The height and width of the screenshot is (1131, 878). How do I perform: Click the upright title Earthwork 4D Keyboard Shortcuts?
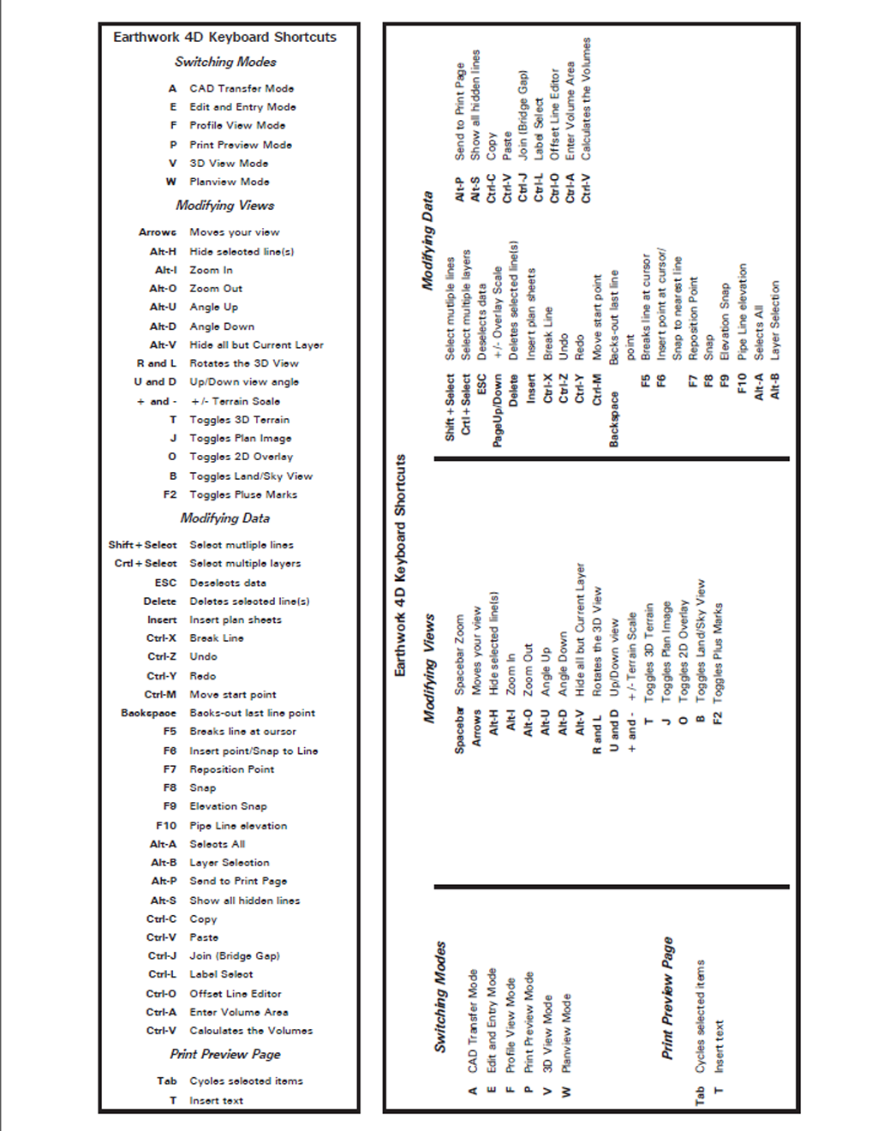pos(224,37)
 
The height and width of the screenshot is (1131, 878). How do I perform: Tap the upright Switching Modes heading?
pos(225,62)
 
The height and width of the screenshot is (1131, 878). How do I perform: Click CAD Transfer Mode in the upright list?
pos(242,88)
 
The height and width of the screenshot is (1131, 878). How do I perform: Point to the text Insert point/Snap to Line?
pos(254,751)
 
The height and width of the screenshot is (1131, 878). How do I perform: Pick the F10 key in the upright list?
pos(166,826)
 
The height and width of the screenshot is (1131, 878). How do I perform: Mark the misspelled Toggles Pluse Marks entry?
pos(243,494)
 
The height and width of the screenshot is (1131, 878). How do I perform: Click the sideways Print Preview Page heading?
pos(668,998)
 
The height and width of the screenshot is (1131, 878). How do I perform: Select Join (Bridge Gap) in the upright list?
pos(235,955)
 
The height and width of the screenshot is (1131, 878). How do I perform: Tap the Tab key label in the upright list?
pos(167,1081)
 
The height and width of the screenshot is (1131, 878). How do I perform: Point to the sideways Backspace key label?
pos(613,419)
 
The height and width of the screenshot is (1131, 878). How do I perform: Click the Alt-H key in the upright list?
pos(163,252)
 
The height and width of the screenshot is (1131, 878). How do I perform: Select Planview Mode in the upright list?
pos(230,182)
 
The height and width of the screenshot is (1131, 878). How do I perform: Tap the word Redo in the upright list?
pos(203,676)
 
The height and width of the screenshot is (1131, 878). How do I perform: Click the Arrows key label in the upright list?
pos(158,232)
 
